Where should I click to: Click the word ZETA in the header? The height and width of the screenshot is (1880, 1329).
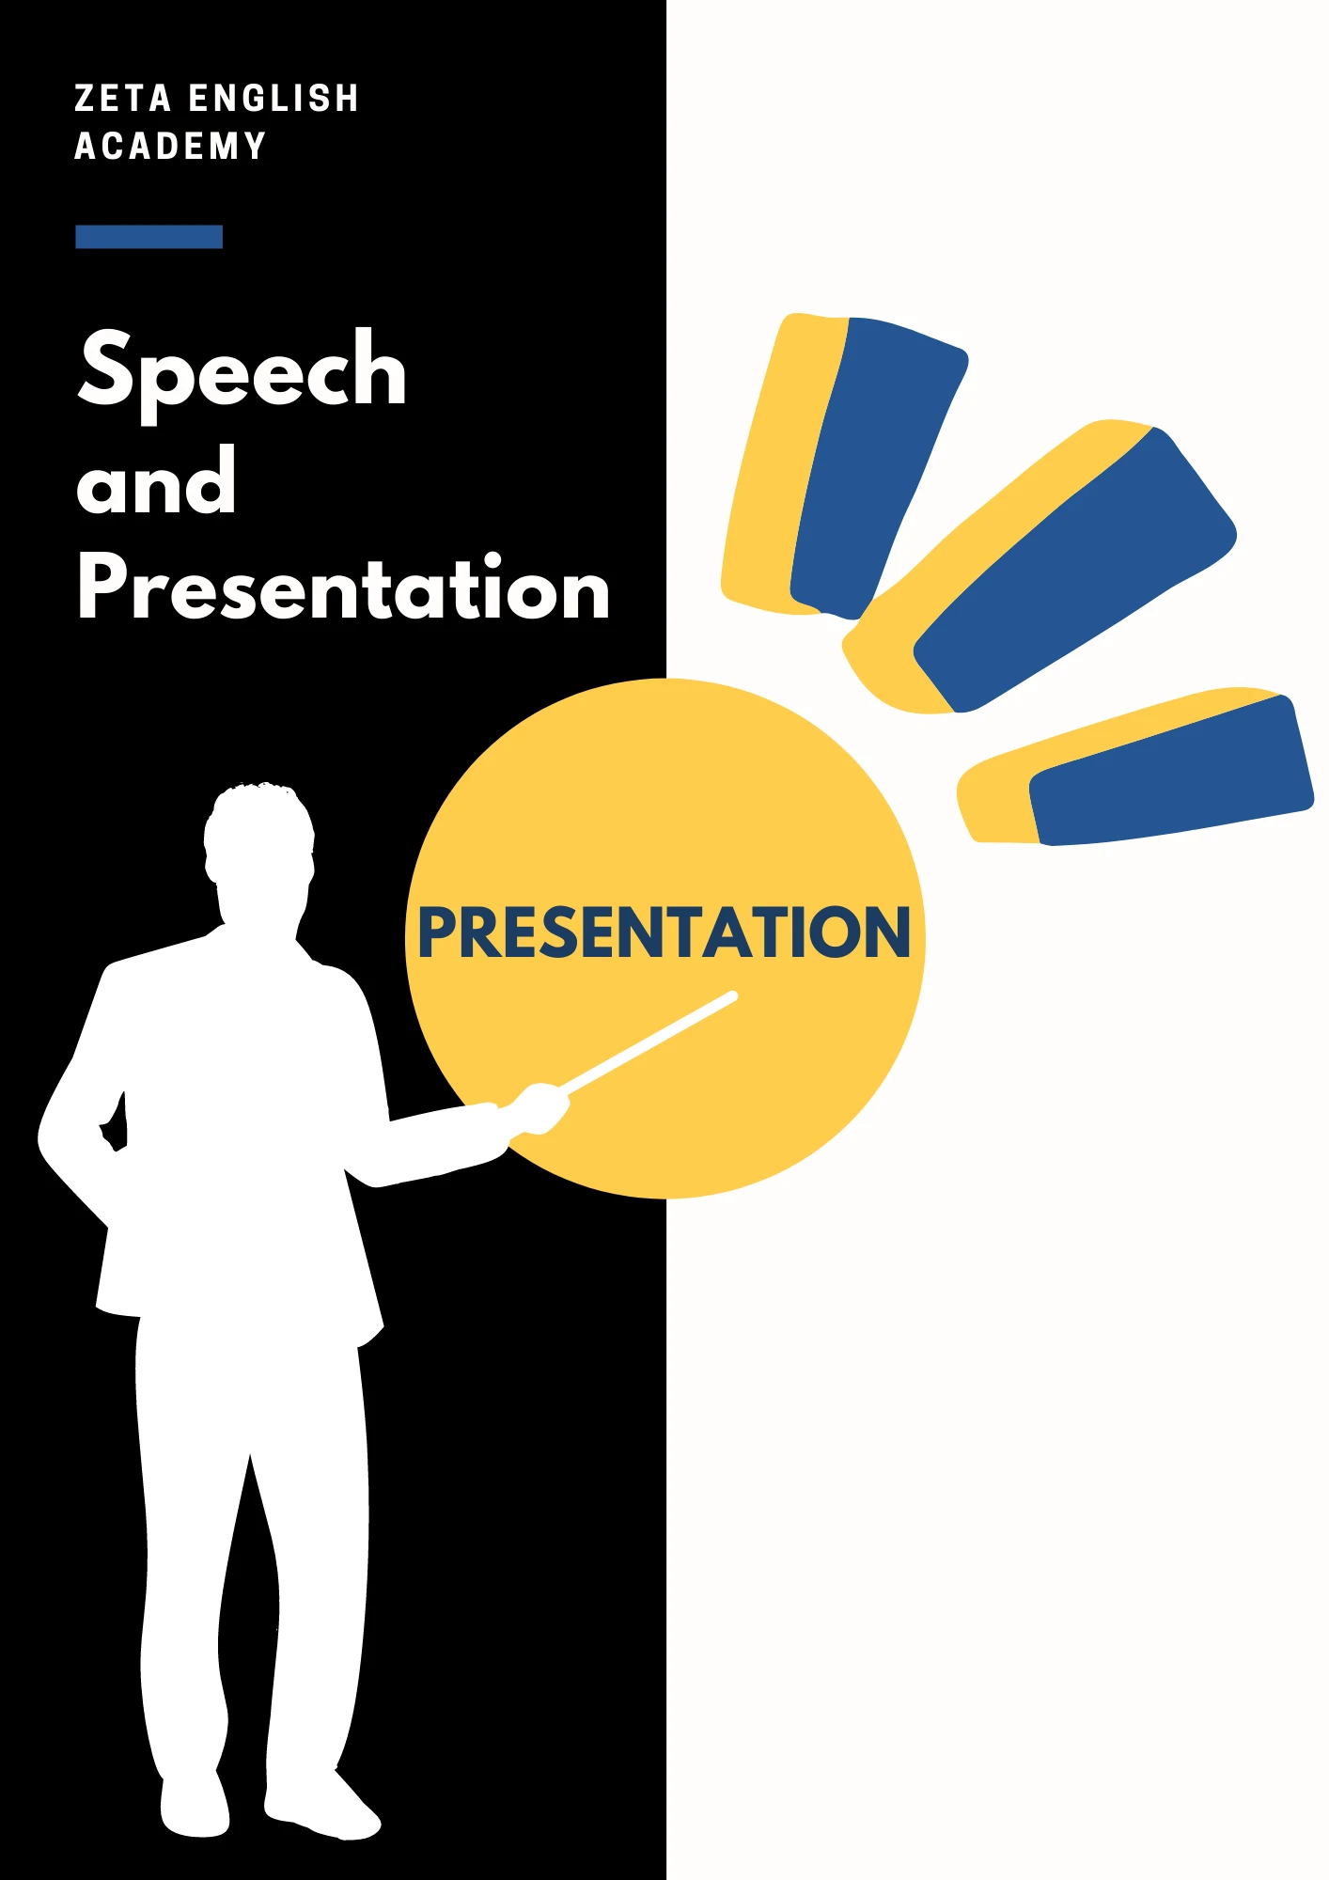122,99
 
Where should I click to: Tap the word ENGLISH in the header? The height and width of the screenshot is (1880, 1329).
274,99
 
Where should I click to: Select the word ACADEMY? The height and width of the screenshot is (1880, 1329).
170,147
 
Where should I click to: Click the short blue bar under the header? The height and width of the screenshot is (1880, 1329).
149,237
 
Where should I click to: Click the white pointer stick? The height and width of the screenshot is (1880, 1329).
649,1042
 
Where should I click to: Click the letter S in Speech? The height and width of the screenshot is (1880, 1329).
110,368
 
